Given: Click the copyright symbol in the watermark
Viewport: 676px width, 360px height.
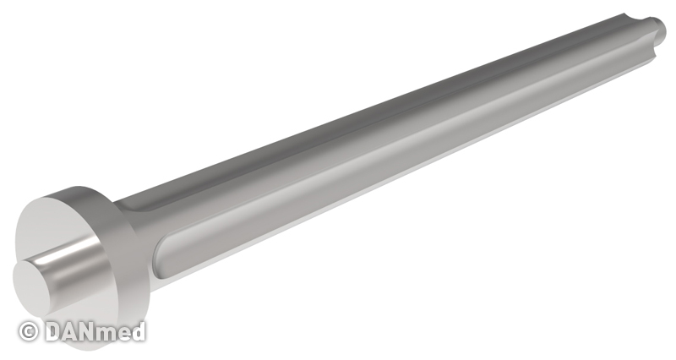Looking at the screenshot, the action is tap(29, 331).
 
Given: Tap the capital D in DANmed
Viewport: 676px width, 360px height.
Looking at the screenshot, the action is tap(54, 331).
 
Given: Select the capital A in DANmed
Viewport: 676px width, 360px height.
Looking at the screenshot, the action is tap(74, 331).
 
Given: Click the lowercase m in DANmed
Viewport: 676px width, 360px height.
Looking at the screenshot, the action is tap(114, 334).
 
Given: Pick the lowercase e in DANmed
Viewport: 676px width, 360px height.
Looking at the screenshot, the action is tap(131, 334).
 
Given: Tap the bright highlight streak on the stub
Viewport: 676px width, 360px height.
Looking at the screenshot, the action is tap(65, 255).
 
